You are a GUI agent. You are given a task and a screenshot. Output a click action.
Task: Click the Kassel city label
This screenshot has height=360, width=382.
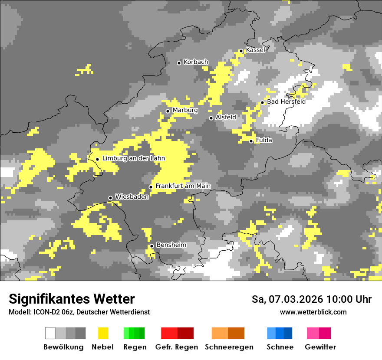[x=255, y=50]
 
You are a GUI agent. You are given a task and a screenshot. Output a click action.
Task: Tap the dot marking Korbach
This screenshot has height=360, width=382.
[x=179, y=63]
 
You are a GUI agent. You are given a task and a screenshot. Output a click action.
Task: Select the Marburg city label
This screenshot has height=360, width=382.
[x=185, y=110]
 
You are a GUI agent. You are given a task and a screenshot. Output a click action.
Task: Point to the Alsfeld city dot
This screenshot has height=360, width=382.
[x=211, y=118]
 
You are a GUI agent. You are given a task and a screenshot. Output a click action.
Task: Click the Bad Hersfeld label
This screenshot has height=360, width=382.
[x=286, y=101]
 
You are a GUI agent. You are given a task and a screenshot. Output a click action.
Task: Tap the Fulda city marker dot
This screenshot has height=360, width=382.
[x=251, y=141]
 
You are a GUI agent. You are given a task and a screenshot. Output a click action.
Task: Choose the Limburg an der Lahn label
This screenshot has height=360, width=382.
[x=133, y=158]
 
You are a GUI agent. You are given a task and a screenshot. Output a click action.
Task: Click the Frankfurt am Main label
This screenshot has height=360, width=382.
[x=183, y=186]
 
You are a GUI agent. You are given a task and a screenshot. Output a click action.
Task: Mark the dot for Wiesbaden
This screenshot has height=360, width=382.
[x=110, y=198]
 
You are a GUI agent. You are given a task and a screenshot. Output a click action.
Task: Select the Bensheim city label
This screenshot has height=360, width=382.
[x=171, y=245]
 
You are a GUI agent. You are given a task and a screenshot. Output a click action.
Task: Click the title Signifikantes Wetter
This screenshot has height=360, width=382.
[x=72, y=299]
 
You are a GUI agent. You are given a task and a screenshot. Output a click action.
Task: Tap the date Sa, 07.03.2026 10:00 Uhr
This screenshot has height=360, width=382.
[x=311, y=299]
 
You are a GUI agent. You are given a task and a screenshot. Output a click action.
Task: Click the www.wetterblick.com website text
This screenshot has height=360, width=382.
[x=313, y=312]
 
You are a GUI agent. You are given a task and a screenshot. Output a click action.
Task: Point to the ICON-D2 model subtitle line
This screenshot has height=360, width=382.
[x=79, y=312]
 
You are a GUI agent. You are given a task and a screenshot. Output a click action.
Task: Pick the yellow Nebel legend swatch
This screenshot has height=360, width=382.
[x=103, y=333]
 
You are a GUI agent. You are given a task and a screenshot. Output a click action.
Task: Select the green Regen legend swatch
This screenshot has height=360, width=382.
[x=134, y=333]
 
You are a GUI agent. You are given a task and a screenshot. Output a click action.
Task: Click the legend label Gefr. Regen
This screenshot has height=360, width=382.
[x=176, y=347]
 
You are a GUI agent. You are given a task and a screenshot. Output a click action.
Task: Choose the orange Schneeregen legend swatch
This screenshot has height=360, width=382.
[x=228, y=333]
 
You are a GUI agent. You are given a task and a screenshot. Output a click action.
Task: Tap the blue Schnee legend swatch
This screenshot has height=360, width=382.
[x=280, y=333]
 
